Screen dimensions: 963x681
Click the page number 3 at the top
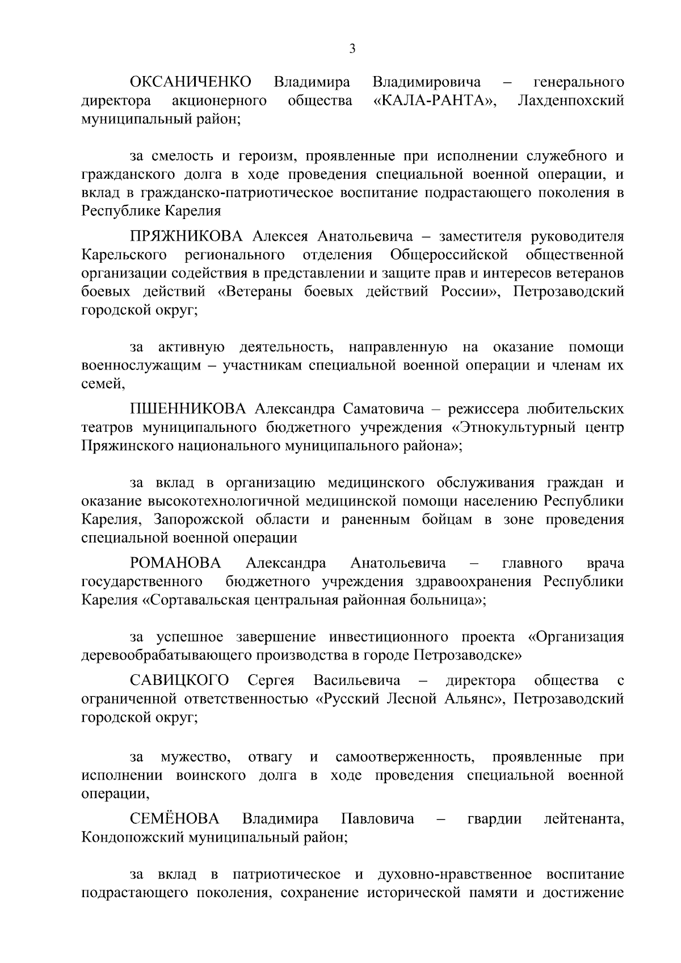coord(352,49)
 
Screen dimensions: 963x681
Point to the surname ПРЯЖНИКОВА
coord(186,236)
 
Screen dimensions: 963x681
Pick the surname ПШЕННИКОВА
coord(188,409)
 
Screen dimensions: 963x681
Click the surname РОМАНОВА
coord(175,563)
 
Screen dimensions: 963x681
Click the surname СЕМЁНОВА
coord(174,819)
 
